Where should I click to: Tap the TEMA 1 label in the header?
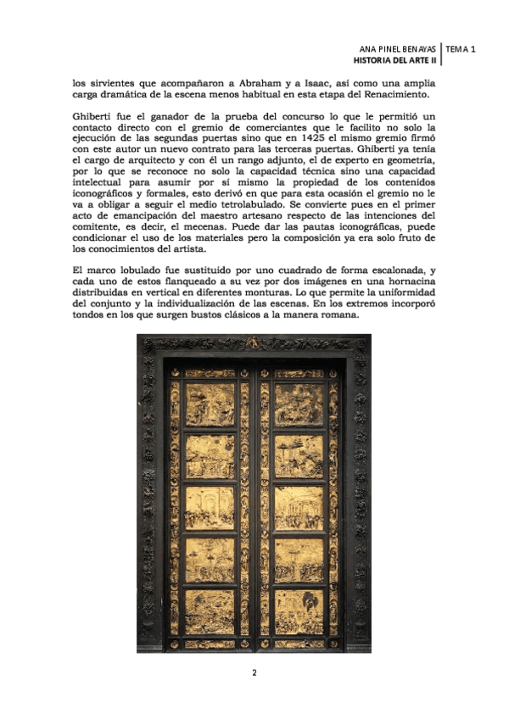click(x=461, y=50)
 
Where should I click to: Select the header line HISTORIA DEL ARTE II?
click(x=395, y=62)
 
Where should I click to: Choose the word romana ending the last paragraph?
click(x=338, y=313)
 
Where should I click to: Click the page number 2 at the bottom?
click(x=254, y=672)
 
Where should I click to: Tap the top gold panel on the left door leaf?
click(x=210, y=404)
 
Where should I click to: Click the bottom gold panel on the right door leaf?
click(x=299, y=611)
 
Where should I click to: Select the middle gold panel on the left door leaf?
click(x=210, y=508)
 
